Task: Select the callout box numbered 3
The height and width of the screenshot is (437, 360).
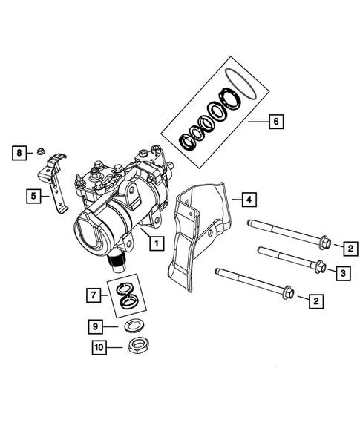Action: (x=342, y=274)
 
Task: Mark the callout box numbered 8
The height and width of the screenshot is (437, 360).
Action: (x=18, y=153)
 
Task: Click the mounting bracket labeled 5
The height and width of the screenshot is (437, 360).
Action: (x=53, y=185)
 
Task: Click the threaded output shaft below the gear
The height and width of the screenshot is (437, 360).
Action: (x=117, y=259)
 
